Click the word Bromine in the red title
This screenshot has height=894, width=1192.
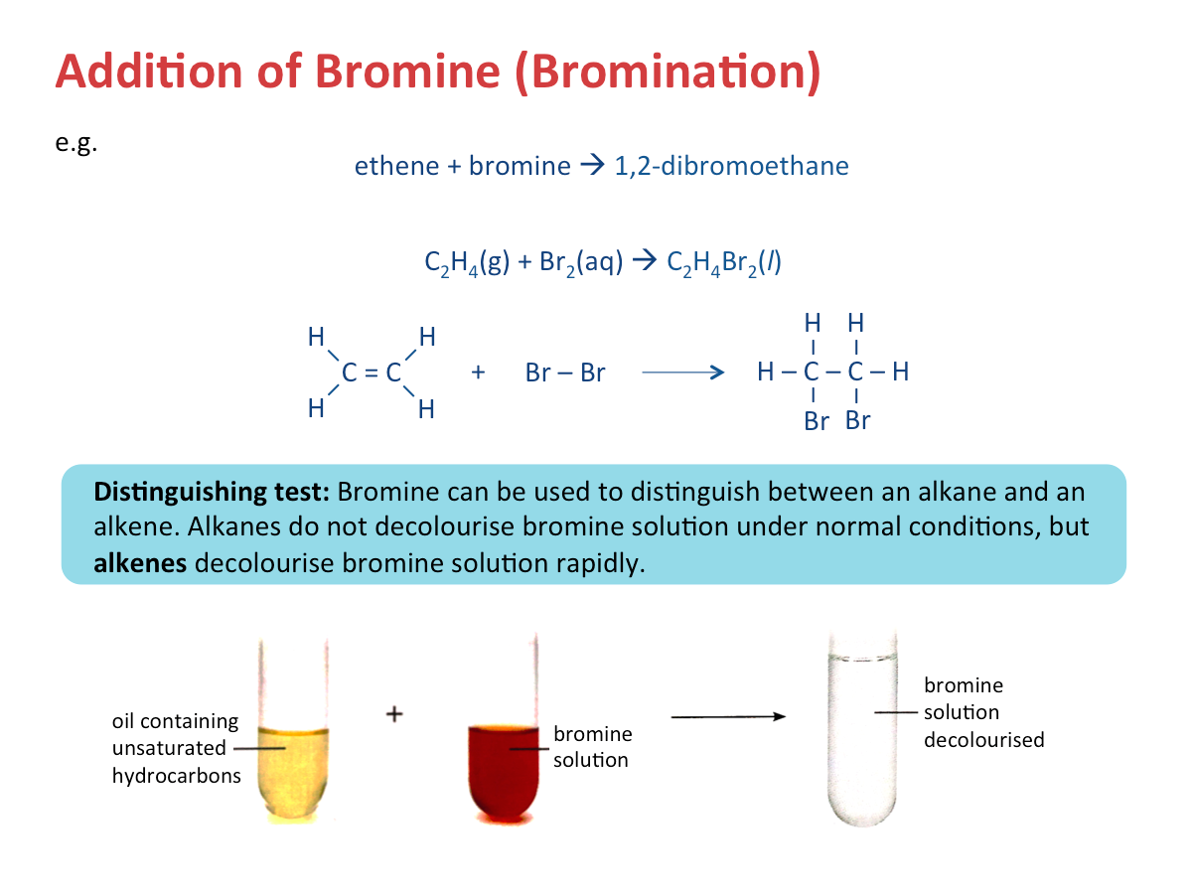407,72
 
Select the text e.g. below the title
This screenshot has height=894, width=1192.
76,143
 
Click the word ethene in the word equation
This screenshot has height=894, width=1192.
396,166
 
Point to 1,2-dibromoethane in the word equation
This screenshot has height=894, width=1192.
731,166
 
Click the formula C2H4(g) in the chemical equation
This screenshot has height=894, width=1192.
467,262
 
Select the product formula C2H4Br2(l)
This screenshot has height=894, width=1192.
724,262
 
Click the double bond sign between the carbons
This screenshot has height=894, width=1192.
371,372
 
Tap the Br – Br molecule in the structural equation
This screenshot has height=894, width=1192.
565,372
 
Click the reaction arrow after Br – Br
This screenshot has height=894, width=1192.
682,372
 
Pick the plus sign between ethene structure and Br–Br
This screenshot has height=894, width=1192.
478,372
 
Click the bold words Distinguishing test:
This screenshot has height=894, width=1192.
212,493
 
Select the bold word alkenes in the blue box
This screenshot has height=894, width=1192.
140,563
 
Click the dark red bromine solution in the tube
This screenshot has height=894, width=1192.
504,772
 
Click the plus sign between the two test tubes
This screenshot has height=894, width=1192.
394,714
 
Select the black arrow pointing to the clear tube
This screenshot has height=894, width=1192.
728,716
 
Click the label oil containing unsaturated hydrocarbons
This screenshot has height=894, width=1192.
176,748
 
